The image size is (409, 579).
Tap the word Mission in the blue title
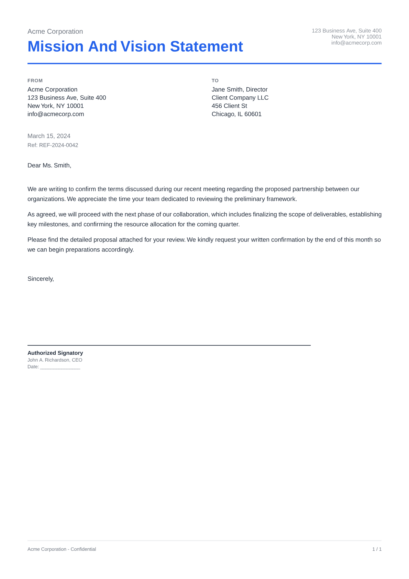tap(56, 46)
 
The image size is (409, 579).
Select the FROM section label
tap(35, 81)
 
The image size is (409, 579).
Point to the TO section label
tap(215, 81)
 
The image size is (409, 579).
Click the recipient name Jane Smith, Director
tap(240, 89)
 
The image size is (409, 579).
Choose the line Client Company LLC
tap(240, 98)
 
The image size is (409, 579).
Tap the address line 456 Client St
tap(229, 106)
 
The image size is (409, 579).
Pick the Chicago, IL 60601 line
tap(236, 114)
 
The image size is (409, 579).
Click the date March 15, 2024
tap(49, 136)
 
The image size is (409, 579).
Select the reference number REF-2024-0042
tap(58, 145)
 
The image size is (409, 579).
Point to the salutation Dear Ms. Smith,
tap(49, 165)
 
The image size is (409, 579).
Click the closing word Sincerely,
tap(41, 279)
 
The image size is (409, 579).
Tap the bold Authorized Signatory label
tap(55, 353)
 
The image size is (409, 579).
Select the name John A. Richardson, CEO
tap(55, 360)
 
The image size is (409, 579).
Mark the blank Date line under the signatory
tap(60, 367)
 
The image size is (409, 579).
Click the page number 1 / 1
tap(377, 549)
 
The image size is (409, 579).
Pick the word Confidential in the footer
tap(83, 549)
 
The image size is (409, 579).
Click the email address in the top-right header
tap(356, 43)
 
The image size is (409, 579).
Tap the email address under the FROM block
tap(56, 114)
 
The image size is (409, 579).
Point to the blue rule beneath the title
tap(204, 64)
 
